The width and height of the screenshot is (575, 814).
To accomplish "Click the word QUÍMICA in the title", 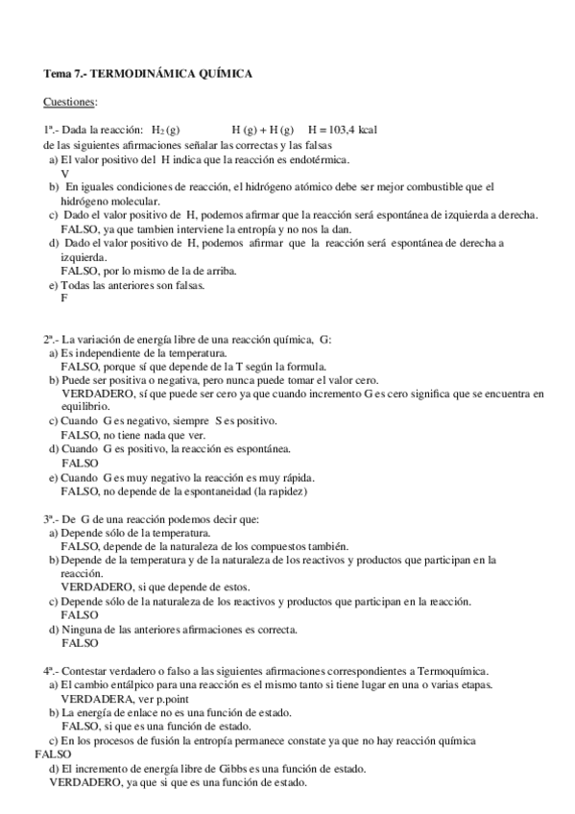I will point(227,73).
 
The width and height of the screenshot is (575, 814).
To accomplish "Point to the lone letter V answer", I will point(64,173).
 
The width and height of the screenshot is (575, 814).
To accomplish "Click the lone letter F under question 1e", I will point(64,298).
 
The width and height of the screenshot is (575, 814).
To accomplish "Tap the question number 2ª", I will point(51,340).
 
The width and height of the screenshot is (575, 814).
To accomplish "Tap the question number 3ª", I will point(51,519).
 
